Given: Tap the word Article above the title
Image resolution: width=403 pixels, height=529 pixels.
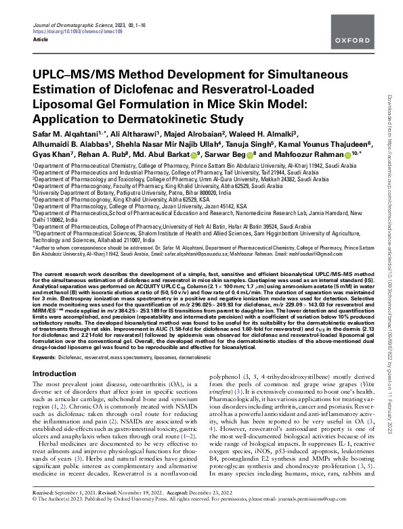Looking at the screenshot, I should click(x=41, y=39).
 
